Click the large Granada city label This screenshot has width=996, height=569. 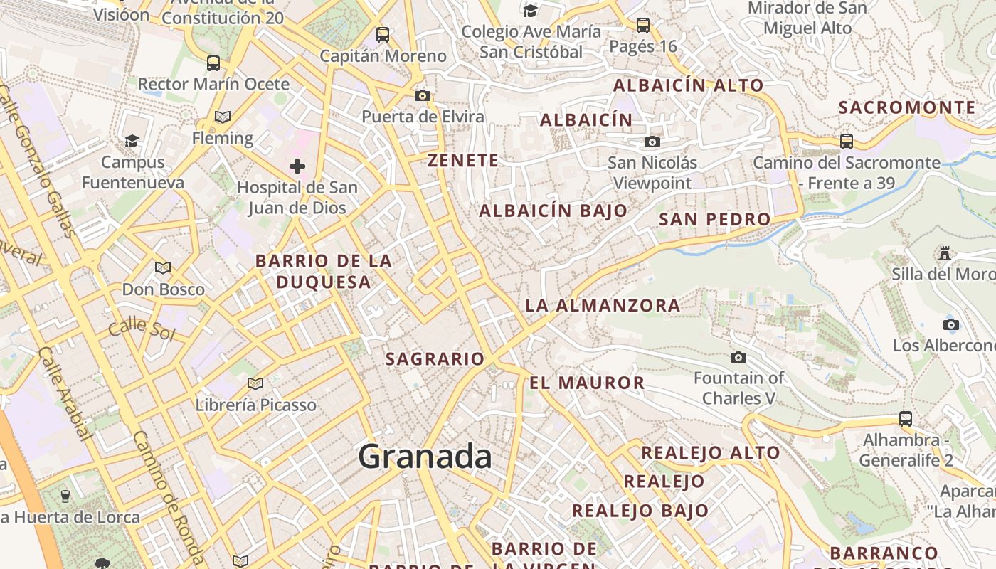click(425, 457)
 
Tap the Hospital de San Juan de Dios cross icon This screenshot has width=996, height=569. click(297, 166)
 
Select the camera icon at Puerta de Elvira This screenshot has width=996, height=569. click(423, 95)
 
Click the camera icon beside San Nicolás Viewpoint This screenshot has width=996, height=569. click(652, 142)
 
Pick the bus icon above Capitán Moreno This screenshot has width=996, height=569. click(383, 34)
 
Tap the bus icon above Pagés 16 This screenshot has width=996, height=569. click(643, 26)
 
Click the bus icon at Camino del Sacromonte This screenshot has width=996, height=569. click(846, 141)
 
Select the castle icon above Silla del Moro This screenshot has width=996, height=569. click(944, 252)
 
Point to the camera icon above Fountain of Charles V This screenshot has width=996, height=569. click(738, 357)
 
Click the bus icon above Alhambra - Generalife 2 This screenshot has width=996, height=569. click(905, 419)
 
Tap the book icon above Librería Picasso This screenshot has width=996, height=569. click(255, 384)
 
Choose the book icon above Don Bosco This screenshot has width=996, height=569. click(163, 268)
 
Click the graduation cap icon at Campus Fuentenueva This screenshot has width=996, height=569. click(132, 141)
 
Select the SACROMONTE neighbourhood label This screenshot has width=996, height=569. click(907, 107)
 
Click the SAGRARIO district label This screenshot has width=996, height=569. click(435, 359)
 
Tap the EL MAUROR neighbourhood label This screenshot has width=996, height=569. click(587, 383)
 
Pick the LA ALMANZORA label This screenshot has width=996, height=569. click(603, 306)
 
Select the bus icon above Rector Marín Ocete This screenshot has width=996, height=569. click(213, 63)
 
